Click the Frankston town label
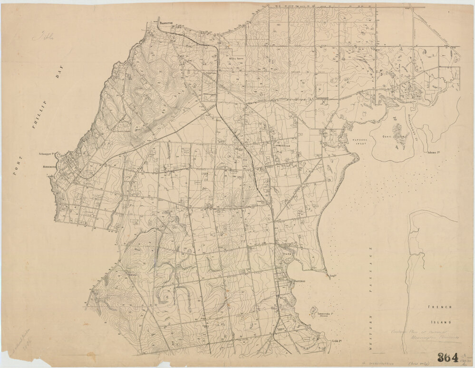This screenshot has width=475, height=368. (167, 22)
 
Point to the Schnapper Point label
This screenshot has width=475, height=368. (48, 155)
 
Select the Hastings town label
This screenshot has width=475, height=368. (301, 281)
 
